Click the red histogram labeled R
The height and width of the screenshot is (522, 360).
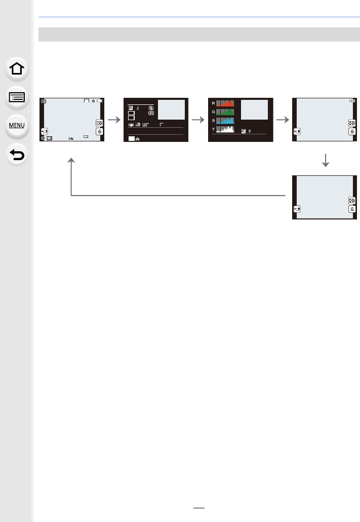pos(225,104)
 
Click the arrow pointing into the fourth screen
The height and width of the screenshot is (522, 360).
pos(284,120)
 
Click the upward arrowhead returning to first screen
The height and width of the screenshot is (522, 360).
pos(71,160)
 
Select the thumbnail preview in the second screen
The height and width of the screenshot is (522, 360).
pos(171,109)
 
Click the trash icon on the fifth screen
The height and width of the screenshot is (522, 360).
pos(351,208)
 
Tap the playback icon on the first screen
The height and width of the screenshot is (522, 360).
pos(44,101)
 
